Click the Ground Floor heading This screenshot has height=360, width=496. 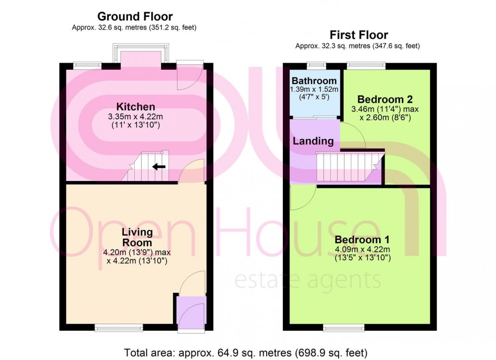tap(135, 17)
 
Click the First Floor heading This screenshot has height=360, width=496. tap(359, 35)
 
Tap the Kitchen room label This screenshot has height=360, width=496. tap(136, 107)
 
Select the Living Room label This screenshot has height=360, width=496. tap(137, 237)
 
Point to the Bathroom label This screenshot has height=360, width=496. tap(314, 81)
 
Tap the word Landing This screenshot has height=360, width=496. tap(313, 141)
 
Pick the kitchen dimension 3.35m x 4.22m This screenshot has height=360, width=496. tap(136, 116)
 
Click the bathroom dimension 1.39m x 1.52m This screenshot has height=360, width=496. tap(314, 89)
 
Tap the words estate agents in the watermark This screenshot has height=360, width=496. tap(307, 279)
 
